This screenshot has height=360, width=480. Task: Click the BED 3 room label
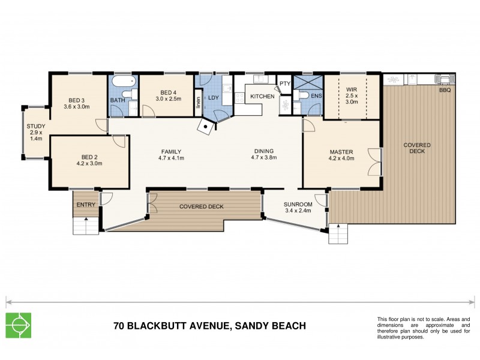pyautogui.click(x=76, y=100)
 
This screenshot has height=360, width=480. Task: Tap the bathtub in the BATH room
pyautogui.click(x=124, y=81)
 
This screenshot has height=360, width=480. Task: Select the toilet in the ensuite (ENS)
pyautogui.click(x=303, y=95)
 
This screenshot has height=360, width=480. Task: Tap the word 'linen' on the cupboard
pyautogui.click(x=198, y=104)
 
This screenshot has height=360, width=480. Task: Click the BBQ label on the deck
pyautogui.click(x=445, y=91)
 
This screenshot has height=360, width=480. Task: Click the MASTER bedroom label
pyautogui.click(x=341, y=151)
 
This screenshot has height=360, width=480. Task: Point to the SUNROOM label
pyautogui.click(x=296, y=203)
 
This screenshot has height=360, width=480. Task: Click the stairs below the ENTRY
pyautogui.click(x=85, y=226)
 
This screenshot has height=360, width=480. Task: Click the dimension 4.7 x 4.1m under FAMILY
pyautogui.click(x=171, y=158)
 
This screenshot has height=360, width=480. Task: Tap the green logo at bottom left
pyautogui.click(x=19, y=325)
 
